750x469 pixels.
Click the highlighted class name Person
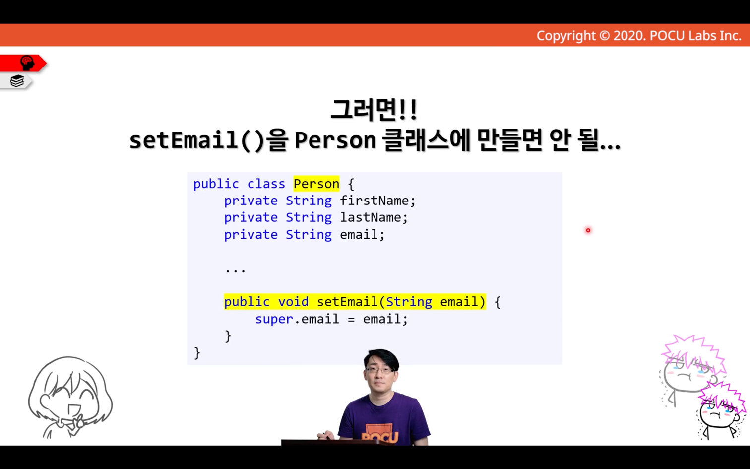(316, 184)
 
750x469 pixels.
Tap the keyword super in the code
(274, 319)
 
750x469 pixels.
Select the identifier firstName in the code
(375, 201)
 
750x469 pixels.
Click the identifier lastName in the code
(371, 217)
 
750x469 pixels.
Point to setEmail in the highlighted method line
(347, 302)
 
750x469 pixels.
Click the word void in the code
(293, 302)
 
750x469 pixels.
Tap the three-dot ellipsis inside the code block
(236, 270)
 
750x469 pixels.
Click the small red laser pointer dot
(588, 230)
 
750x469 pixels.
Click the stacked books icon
(17, 81)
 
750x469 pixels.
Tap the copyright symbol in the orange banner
(604, 36)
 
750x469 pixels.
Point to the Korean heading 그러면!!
(374, 110)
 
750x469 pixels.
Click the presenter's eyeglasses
(380, 370)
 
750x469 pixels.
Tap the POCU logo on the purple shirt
(380, 436)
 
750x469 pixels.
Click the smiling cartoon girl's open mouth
(74, 409)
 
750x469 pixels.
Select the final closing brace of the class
(197, 353)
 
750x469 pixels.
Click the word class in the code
(266, 184)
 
